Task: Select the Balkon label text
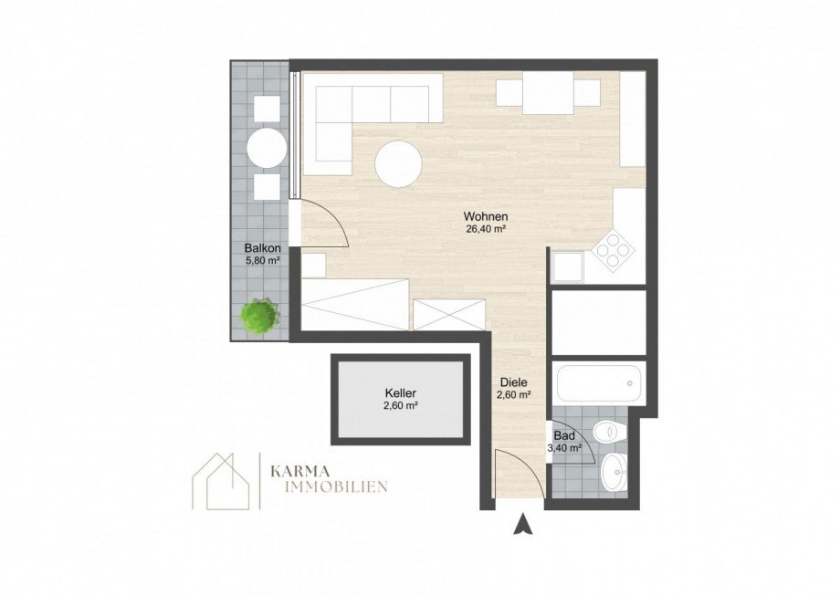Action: click(x=261, y=247)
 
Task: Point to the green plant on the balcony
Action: click(x=260, y=316)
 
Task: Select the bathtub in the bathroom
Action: click(x=600, y=381)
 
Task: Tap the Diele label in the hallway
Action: click(x=512, y=383)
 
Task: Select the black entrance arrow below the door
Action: click(x=522, y=524)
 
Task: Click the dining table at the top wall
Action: click(x=548, y=94)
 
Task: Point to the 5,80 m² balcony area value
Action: click(x=261, y=261)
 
